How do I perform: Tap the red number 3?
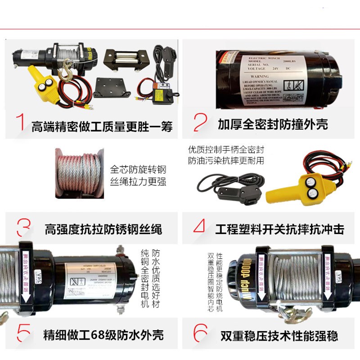tap(22, 228)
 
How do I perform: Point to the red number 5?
tap(23, 334)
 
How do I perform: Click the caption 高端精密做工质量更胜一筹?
tap(102, 126)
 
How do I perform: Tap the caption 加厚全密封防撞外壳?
tap(273, 124)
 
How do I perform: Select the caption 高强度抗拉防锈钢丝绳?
tap(103, 229)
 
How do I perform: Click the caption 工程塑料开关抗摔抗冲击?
tap(280, 229)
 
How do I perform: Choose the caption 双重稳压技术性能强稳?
tap(279, 336)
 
